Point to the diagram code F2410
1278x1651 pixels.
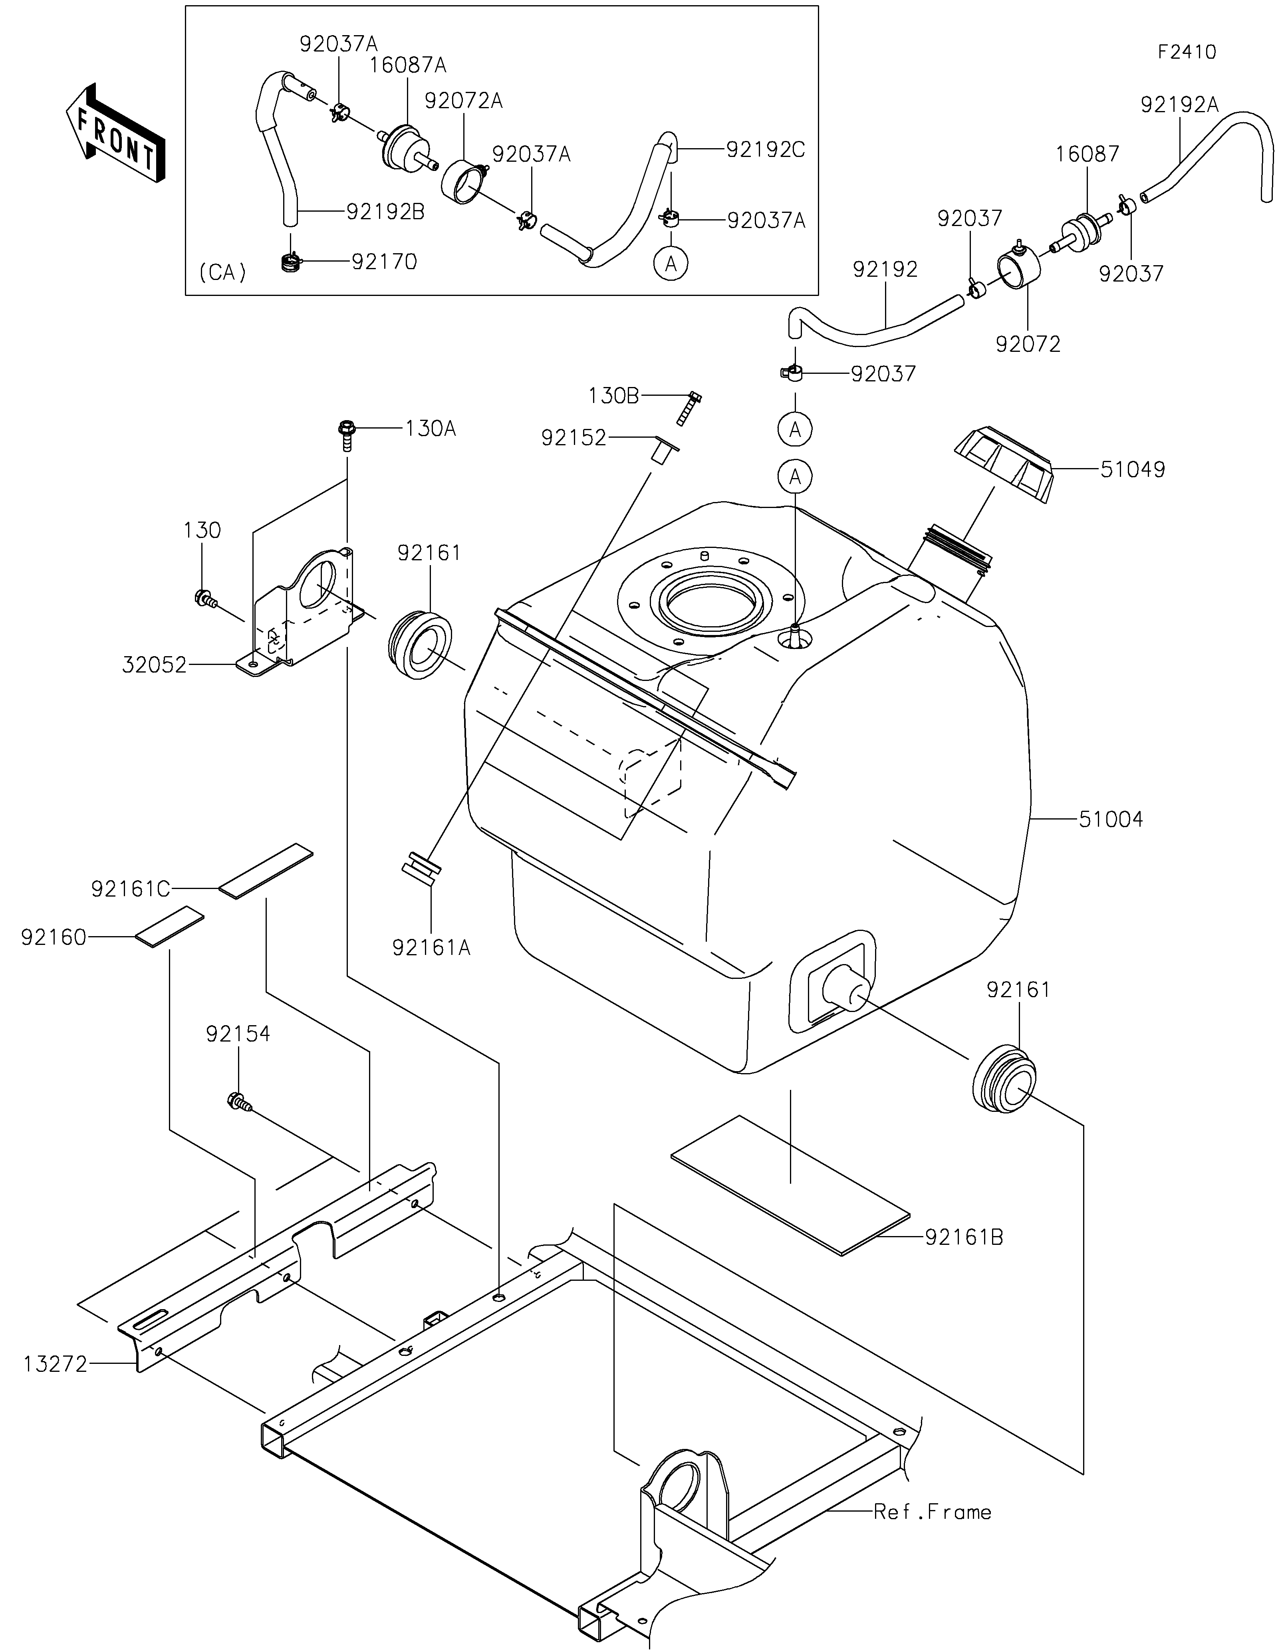(1187, 52)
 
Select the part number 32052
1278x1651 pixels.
(154, 665)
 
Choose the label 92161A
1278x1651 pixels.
(431, 947)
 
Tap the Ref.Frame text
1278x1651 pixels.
(933, 1512)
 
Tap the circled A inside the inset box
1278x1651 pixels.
(671, 264)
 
